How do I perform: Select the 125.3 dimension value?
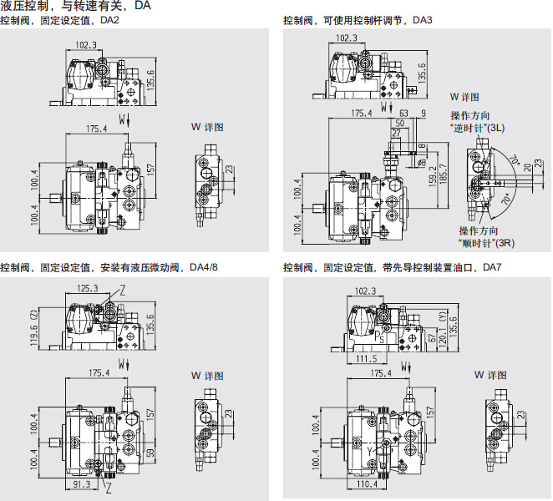86,289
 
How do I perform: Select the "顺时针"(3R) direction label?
490,243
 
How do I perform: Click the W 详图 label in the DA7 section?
490,375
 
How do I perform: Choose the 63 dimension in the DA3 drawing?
404,112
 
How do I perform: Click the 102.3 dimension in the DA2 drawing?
86,45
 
